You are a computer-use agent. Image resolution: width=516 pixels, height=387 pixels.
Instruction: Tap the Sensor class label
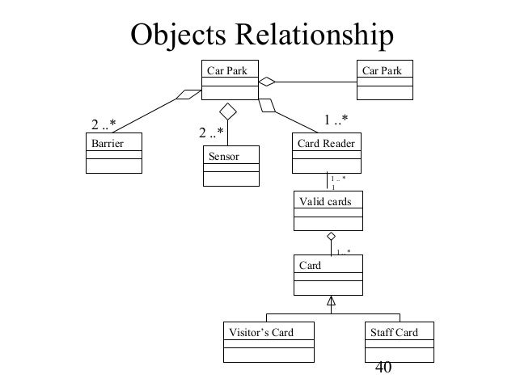224,157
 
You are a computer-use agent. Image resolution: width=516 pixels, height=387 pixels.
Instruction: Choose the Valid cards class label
326,201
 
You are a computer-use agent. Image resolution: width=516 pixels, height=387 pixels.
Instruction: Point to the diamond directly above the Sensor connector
230,110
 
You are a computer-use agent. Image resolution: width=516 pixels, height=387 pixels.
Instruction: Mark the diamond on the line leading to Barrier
188,95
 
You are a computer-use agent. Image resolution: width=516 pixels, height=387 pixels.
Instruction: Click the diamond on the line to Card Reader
266,104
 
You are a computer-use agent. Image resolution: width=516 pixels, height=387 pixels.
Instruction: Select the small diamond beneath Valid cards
330,236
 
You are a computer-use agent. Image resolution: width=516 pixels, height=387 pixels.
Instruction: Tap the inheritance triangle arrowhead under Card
330,302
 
